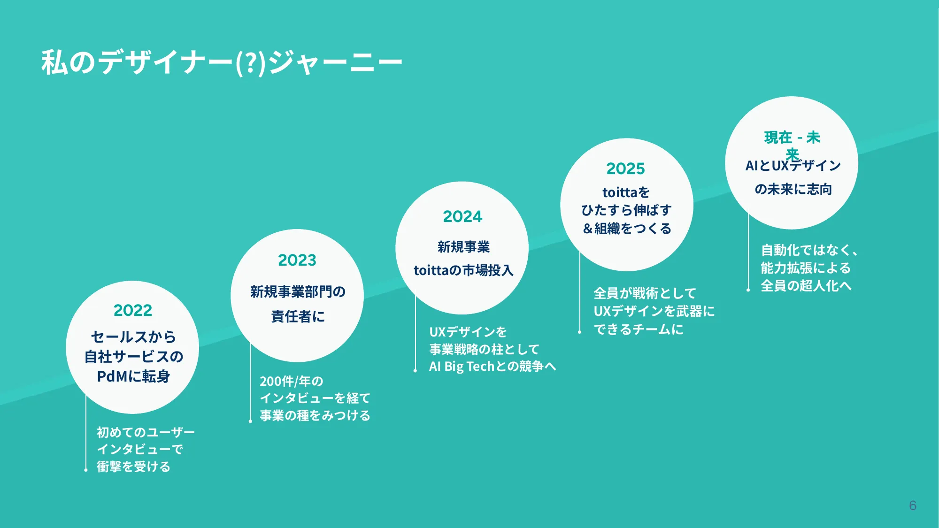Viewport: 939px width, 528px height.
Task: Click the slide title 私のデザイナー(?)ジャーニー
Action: (222, 62)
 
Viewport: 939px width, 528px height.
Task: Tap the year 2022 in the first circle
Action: (133, 310)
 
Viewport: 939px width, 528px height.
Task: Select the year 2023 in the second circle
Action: (297, 260)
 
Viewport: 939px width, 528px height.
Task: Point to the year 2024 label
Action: (462, 216)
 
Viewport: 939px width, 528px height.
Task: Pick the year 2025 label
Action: (626, 168)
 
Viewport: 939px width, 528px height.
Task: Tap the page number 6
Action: (913, 505)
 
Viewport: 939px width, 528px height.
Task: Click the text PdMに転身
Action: (133, 376)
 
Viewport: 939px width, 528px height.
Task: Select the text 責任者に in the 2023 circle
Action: (298, 316)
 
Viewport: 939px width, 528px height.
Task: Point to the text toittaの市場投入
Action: (463, 270)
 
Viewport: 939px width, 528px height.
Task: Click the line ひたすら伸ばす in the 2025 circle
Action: (626, 210)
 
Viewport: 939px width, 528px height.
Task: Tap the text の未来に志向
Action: (793, 189)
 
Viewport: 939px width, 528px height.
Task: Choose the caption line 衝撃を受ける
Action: (133, 467)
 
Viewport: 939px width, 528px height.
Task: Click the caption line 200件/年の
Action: (292, 381)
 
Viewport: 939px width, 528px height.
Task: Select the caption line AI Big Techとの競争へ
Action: (493, 366)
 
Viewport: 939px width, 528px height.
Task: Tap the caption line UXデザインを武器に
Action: (654, 311)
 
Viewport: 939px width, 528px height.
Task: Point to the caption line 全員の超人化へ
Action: (806, 286)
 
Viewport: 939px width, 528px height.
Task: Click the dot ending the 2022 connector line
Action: (86, 469)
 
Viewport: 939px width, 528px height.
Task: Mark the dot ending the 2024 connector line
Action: (415, 371)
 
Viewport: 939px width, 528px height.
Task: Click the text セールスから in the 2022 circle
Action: (133, 337)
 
